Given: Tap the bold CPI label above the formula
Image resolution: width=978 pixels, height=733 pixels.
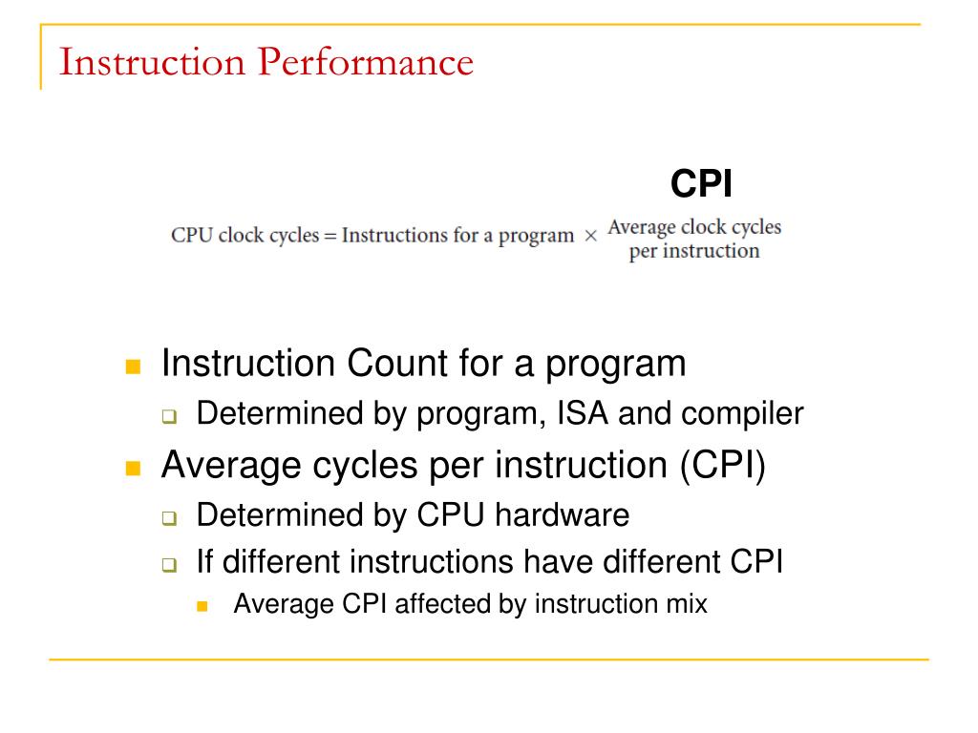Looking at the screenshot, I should point(701,184).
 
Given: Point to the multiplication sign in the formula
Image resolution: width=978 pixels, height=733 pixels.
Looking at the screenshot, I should point(590,237).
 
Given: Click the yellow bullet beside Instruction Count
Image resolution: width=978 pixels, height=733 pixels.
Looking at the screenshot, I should point(133,366).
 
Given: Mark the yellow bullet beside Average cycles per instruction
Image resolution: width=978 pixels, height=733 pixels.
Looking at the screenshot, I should point(133,469).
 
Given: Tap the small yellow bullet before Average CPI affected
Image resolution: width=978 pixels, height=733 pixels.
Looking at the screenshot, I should point(202,606).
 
